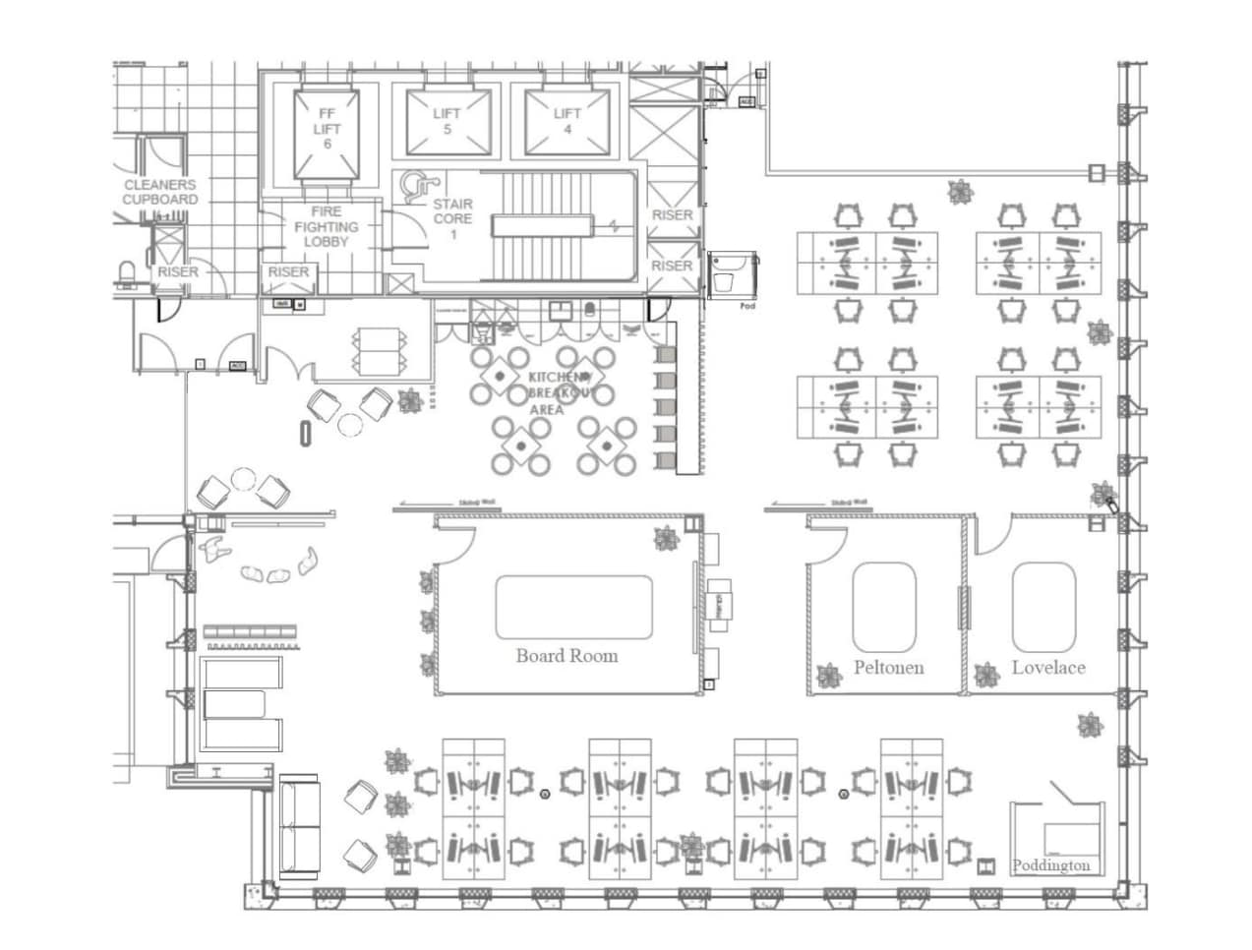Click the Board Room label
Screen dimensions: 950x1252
click(566, 656)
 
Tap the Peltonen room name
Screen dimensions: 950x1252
click(888, 668)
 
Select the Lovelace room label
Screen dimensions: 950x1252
click(1048, 668)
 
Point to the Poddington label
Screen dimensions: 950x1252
click(1051, 866)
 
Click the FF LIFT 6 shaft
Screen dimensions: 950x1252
click(327, 129)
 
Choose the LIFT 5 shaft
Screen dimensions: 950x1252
click(447, 121)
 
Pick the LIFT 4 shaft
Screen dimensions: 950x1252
click(566, 121)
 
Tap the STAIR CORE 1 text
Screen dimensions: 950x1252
click(453, 219)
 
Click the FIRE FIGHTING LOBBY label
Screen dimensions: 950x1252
click(326, 226)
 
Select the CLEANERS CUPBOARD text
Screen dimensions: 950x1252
click(160, 192)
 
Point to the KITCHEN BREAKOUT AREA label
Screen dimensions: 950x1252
click(559, 393)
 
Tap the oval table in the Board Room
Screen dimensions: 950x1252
click(573, 607)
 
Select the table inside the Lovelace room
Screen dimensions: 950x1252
click(1043, 607)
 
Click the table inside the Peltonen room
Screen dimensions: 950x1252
click(884, 607)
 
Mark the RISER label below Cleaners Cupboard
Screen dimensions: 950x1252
click(178, 271)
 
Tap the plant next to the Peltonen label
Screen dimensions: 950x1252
click(827, 675)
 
